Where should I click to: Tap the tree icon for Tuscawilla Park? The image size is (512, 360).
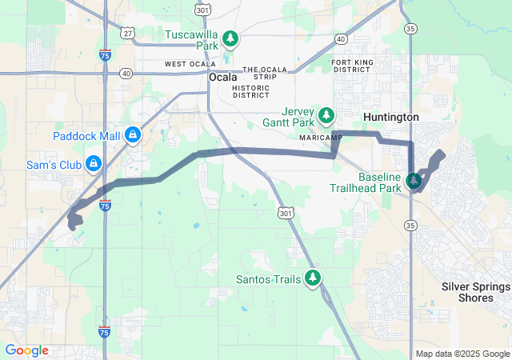pos(230,38)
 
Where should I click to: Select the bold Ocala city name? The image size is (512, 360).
pos(223,78)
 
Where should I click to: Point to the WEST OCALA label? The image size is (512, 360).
pos(190,64)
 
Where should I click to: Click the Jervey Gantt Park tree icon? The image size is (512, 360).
pos(326,115)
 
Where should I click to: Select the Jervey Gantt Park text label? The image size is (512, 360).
pos(290,117)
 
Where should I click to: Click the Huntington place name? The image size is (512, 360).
pos(391,117)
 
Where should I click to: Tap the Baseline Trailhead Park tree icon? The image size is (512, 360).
pos(414,182)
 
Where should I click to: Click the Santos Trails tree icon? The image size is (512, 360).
pos(314,278)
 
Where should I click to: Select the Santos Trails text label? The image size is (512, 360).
pos(268,279)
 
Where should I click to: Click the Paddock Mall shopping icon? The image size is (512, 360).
pos(133,135)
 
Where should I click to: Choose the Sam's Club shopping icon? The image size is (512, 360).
pos(94,163)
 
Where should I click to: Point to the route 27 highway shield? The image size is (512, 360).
pos(128,33)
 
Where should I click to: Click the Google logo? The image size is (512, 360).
pos(26,350)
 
